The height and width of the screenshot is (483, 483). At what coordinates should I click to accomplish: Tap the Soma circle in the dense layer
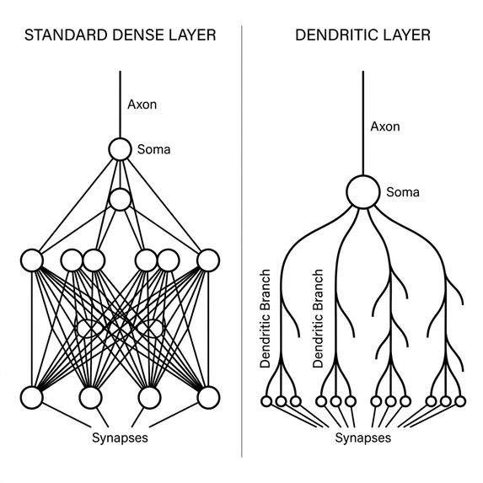tap(121, 150)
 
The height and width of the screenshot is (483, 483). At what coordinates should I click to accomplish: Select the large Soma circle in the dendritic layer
tap(362, 191)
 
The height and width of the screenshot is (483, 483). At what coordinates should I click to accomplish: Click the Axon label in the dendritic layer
tap(384, 126)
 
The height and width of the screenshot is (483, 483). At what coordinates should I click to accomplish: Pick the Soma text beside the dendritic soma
tap(403, 192)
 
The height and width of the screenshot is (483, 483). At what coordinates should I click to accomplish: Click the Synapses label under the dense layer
tap(120, 439)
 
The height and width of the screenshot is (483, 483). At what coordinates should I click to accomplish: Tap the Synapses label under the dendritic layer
tap(362, 439)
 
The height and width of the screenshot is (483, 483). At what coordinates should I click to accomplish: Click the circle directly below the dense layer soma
tap(121, 200)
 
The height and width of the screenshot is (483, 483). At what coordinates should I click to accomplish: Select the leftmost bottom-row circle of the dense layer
tap(32, 396)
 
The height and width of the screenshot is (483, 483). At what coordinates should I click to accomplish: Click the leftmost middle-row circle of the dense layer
tap(32, 260)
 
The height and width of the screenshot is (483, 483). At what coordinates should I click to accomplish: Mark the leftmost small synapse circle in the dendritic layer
tap(266, 401)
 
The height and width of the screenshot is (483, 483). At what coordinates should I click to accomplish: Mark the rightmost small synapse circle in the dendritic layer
tap(459, 401)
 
